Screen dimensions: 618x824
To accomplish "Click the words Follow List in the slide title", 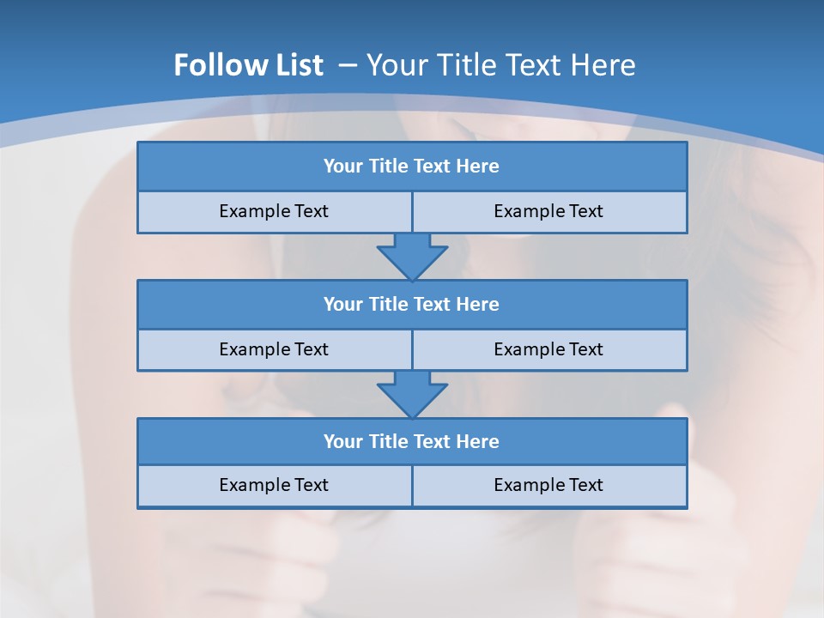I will point(248,65).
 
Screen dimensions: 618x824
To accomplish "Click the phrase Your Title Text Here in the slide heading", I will point(501,65).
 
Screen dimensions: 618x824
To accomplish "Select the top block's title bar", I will point(412,167).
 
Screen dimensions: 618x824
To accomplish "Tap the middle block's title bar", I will point(412,304).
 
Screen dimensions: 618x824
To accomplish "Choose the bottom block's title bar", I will point(412,441).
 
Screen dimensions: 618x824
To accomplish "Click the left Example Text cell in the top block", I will point(274,211).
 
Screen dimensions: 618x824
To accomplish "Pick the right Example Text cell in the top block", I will point(549,211).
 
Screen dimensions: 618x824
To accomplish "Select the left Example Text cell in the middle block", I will point(274,349).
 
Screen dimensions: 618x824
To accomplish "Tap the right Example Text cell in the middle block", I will point(549,349).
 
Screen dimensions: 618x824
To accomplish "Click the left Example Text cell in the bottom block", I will point(274,485).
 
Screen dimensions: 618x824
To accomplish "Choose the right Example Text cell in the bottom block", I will point(549,485).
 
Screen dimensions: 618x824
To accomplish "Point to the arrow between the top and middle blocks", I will point(412,257).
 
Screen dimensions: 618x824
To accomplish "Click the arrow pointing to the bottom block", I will point(412,395).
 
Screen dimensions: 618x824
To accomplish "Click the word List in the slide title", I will point(295,65).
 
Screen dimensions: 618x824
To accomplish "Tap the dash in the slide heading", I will point(348,65).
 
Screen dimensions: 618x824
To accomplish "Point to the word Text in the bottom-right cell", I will point(584,485).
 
